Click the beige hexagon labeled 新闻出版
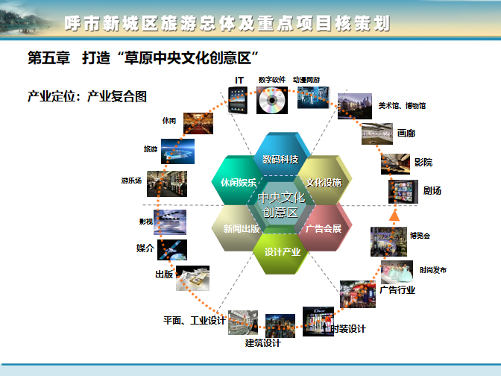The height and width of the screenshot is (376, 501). click(237, 228)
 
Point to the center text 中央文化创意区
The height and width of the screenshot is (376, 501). click(281, 204)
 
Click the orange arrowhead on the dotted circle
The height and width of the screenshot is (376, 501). click(394, 216)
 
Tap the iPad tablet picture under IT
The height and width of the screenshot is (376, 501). click(238, 100)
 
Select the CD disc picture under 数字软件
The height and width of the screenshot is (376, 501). click(272, 100)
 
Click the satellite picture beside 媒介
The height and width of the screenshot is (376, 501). click(172, 250)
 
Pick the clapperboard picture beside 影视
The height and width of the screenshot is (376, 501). click(170, 222)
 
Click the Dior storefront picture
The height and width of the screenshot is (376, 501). click(318, 322)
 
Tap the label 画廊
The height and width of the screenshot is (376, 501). click(406, 133)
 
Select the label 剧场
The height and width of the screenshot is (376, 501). click(432, 191)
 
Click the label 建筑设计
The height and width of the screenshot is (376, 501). click(263, 343)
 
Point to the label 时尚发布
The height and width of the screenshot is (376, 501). click(433, 270)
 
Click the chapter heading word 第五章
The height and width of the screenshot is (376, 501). click(49, 58)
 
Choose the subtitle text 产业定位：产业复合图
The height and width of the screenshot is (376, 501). click(87, 96)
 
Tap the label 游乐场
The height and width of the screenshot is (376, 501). click(131, 181)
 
